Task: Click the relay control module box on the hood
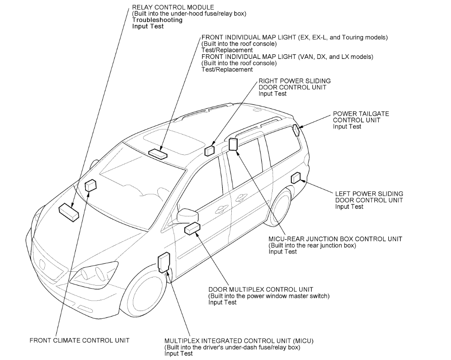click(69, 212)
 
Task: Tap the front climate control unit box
click(91, 186)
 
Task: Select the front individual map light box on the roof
click(158, 152)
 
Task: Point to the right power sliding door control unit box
click(209, 150)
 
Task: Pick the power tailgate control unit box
click(296, 129)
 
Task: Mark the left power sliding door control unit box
click(297, 178)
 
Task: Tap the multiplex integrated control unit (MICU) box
click(164, 262)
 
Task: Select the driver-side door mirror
click(187, 214)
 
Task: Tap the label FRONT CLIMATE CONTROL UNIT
click(80, 340)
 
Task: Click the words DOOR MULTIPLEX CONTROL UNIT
click(261, 289)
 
